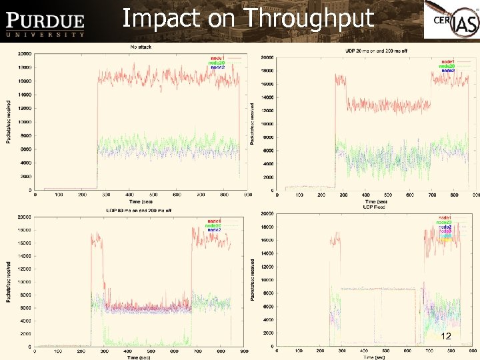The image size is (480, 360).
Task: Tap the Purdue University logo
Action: click(45, 25)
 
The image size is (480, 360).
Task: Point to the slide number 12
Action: click(447, 337)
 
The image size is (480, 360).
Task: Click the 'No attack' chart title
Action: click(140, 47)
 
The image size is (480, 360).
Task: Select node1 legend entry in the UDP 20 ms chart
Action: click(447, 61)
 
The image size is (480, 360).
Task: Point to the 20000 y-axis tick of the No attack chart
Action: click(24, 53)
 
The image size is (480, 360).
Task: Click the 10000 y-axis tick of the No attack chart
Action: click(24, 122)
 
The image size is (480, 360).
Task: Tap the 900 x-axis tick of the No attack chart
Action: click(247, 195)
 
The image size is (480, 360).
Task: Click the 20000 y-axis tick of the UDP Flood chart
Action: click(266, 214)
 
